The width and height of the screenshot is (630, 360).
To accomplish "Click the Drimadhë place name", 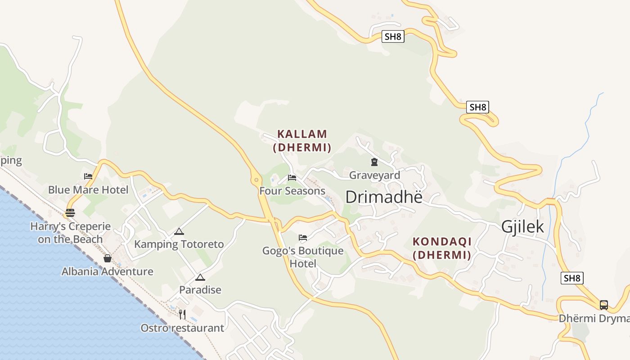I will pyautogui.click(x=384, y=197).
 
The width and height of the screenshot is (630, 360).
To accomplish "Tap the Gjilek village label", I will pyautogui.click(x=522, y=227).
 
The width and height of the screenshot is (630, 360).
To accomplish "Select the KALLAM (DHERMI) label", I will pyautogui.click(x=302, y=141).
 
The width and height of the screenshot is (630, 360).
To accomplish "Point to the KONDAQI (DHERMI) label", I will pyautogui.click(x=442, y=248).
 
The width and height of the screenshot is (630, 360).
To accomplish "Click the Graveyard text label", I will pyautogui.click(x=374, y=175).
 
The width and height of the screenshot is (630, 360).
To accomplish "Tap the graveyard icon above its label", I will pyautogui.click(x=374, y=162).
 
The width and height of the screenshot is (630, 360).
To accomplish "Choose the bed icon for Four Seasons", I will pyautogui.click(x=292, y=178).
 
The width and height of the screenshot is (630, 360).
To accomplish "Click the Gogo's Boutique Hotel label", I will pyautogui.click(x=303, y=257).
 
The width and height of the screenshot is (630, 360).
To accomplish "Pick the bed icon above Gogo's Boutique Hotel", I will pyautogui.click(x=303, y=238).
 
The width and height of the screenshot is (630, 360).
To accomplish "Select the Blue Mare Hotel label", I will pyautogui.click(x=88, y=190).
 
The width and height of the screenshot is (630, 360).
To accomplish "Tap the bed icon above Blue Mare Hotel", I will pyautogui.click(x=88, y=176).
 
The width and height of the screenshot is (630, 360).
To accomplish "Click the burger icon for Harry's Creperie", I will pyautogui.click(x=70, y=212).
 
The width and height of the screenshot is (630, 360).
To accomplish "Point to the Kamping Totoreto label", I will pyautogui.click(x=179, y=244).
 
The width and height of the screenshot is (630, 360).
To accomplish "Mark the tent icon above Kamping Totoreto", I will pyautogui.click(x=179, y=232).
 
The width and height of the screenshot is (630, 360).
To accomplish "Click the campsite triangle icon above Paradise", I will pyautogui.click(x=200, y=277).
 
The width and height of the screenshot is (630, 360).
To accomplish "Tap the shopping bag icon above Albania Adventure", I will pyautogui.click(x=108, y=258).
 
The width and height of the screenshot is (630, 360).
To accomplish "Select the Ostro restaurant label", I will pyautogui.click(x=182, y=328).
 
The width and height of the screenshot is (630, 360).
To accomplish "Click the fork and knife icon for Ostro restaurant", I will pyautogui.click(x=182, y=314).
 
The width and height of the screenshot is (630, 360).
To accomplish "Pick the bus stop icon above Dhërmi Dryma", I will pyautogui.click(x=604, y=305).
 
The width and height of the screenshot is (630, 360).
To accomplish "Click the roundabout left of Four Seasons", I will pyautogui.click(x=256, y=180).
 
